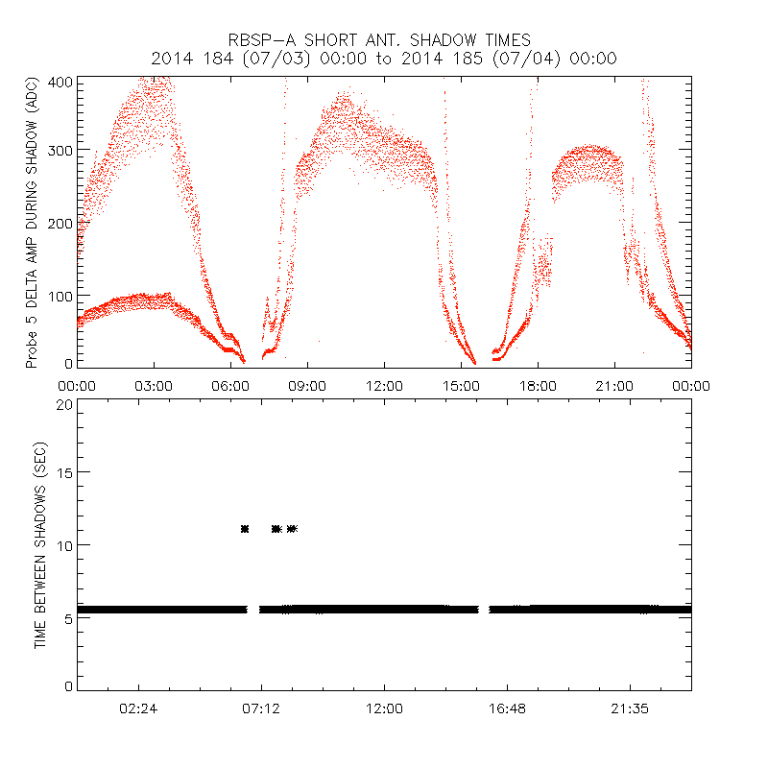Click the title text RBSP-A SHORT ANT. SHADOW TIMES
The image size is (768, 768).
(x=383, y=39)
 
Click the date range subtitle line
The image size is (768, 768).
(x=383, y=59)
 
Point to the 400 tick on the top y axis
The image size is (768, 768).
(x=60, y=81)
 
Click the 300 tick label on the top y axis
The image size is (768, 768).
(x=60, y=151)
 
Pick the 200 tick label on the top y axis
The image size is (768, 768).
(x=60, y=223)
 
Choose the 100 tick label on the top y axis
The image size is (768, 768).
(x=60, y=295)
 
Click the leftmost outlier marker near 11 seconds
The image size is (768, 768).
(x=245, y=529)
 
